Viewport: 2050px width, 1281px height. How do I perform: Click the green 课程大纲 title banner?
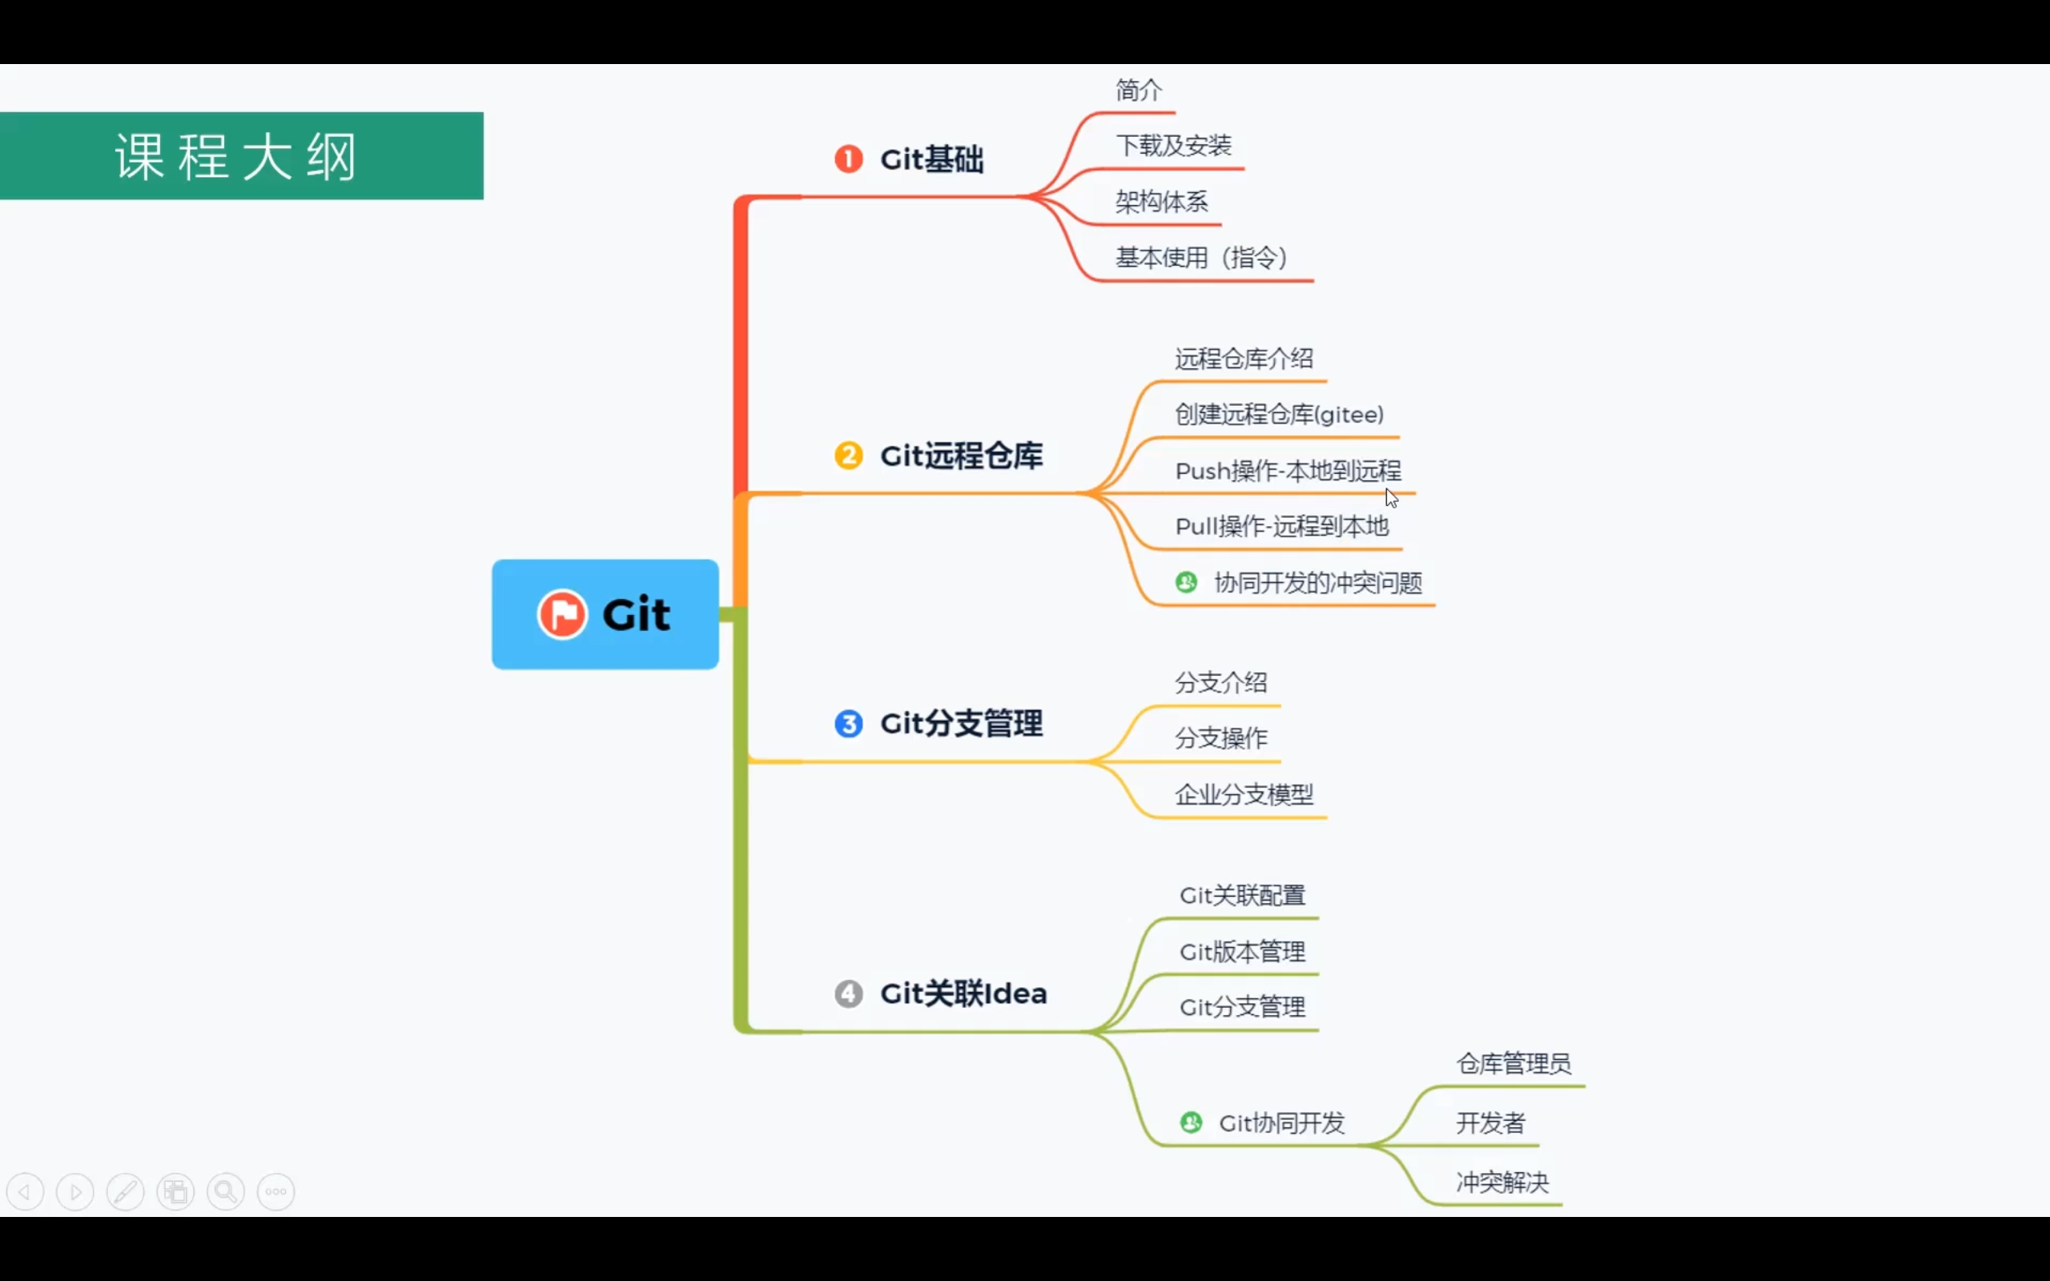pos(241,156)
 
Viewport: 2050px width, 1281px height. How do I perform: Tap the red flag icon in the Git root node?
pos(561,613)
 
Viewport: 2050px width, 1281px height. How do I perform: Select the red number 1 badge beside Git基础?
pos(848,159)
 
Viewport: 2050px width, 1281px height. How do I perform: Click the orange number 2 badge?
pos(848,455)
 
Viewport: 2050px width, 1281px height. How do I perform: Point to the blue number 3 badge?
pos(848,724)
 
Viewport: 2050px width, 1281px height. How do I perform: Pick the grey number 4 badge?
pos(848,993)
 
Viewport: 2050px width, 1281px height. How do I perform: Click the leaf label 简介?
pos(1139,90)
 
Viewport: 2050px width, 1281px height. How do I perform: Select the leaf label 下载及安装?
pos(1173,146)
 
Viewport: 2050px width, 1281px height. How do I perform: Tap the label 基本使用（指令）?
pos(1201,258)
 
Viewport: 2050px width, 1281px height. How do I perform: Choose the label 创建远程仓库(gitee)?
pos(1279,414)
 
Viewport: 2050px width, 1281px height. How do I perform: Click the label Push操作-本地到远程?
pos(1288,471)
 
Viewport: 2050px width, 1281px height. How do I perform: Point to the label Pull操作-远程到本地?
pos(1282,527)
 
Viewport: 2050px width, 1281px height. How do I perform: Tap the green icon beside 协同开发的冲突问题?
pos(1186,582)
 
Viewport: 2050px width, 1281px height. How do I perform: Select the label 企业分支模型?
pos(1244,795)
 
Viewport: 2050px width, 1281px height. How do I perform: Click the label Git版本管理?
pos(1242,952)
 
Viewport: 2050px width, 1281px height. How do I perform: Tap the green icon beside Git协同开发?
pos(1191,1122)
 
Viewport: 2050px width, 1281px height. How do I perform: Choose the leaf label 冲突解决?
pos(1502,1182)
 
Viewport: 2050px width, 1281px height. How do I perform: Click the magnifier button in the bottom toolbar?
pos(226,1192)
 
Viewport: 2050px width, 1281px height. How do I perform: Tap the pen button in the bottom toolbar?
pos(126,1192)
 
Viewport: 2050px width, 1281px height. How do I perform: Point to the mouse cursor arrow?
pos(1391,497)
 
